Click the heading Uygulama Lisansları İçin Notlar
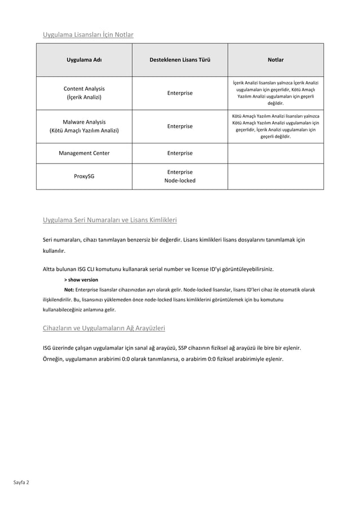[88, 35]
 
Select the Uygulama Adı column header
[84, 59]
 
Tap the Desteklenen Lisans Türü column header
[179, 59]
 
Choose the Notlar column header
[275, 59]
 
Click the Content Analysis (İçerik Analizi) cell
[84, 93]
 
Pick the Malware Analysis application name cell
[84, 126]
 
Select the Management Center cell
[84, 153]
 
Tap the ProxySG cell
[84, 176]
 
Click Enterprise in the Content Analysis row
[179, 93]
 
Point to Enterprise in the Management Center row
[179, 153]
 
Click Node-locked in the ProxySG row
[179, 181]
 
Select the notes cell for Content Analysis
[275, 93]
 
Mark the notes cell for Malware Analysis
[275, 126]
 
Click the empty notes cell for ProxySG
[275, 176]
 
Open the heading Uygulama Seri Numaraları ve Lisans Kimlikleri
[110, 220]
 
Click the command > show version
[81, 279]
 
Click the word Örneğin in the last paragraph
[54, 359]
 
